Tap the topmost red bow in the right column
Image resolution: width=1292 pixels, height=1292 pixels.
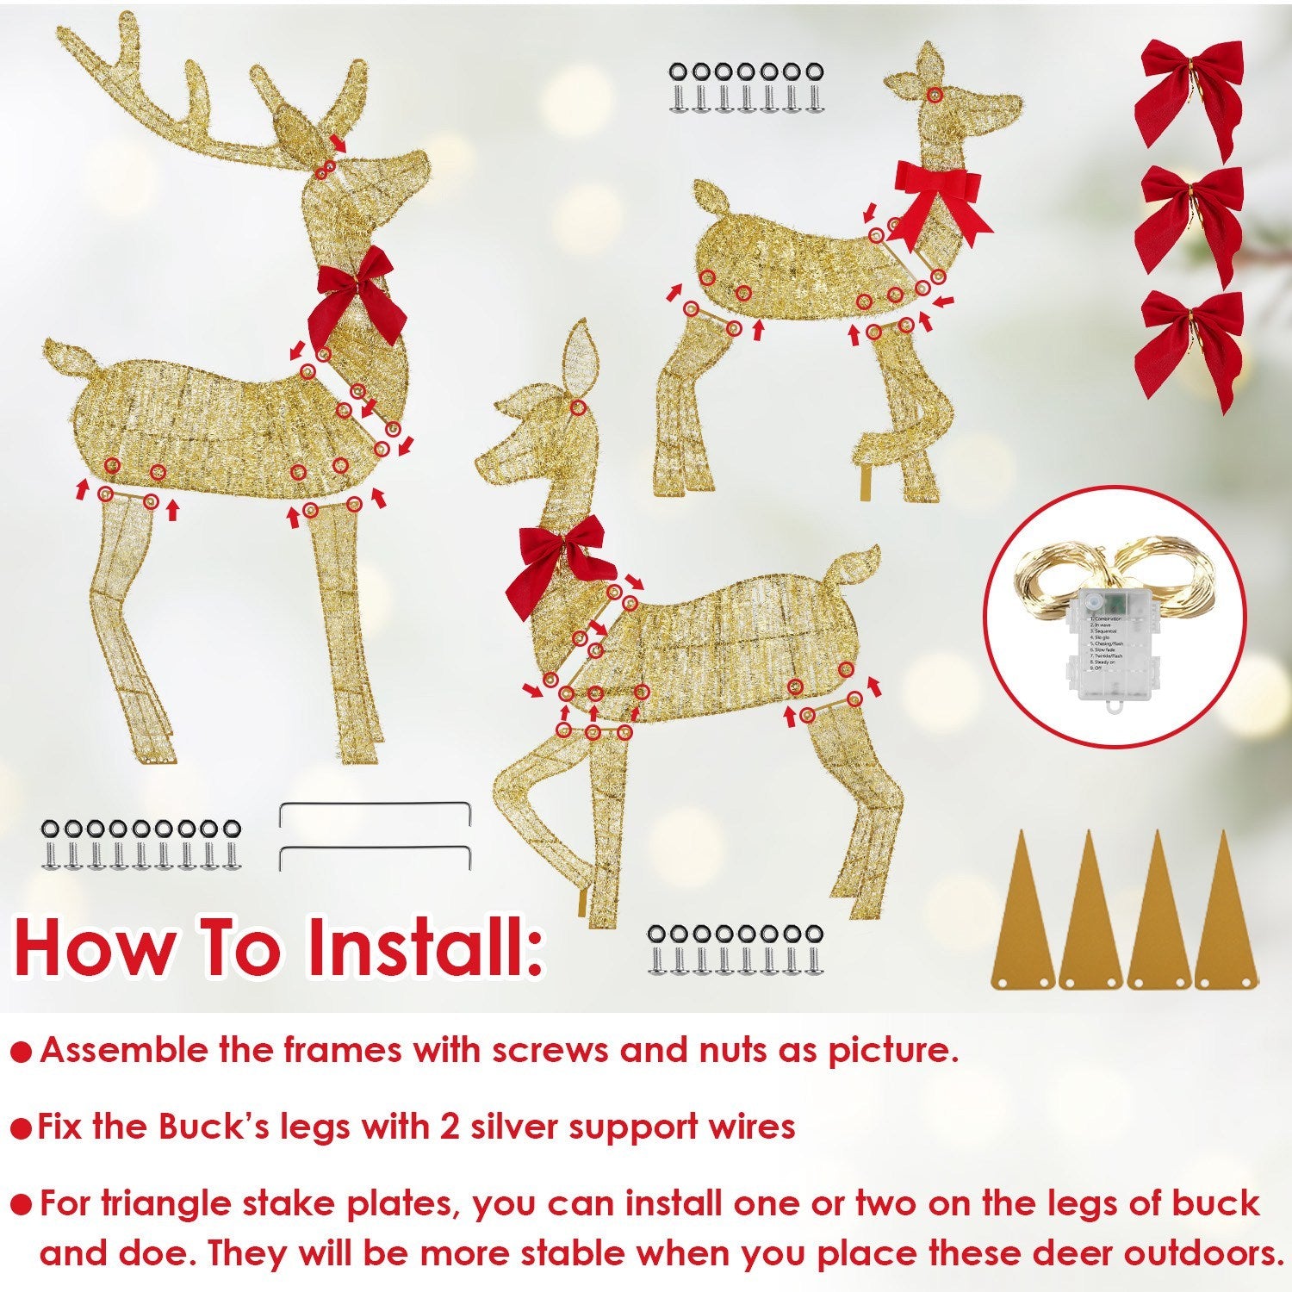(1190, 95)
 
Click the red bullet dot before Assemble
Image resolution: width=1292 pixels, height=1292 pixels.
(23, 1052)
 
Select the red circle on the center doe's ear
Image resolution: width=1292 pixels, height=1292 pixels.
(579, 408)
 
